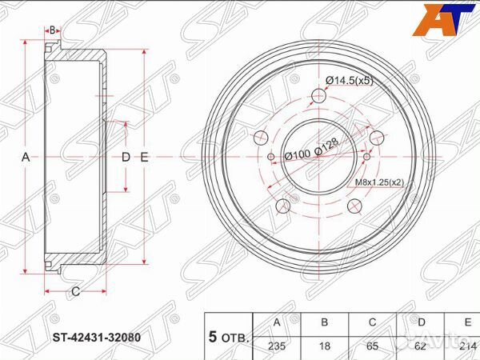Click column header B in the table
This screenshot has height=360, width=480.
pyautogui.click(x=325, y=323)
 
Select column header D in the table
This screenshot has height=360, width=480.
pyautogui.click(x=421, y=323)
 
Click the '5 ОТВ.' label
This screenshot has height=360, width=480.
pyautogui.click(x=228, y=335)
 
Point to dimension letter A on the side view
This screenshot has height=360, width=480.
pyautogui.click(x=25, y=158)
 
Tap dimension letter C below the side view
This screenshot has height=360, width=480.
pyautogui.click(x=74, y=291)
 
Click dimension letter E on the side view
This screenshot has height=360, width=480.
pyautogui.click(x=144, y=158)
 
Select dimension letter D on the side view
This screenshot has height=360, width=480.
pyautogui.click(x=125, y=158)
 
